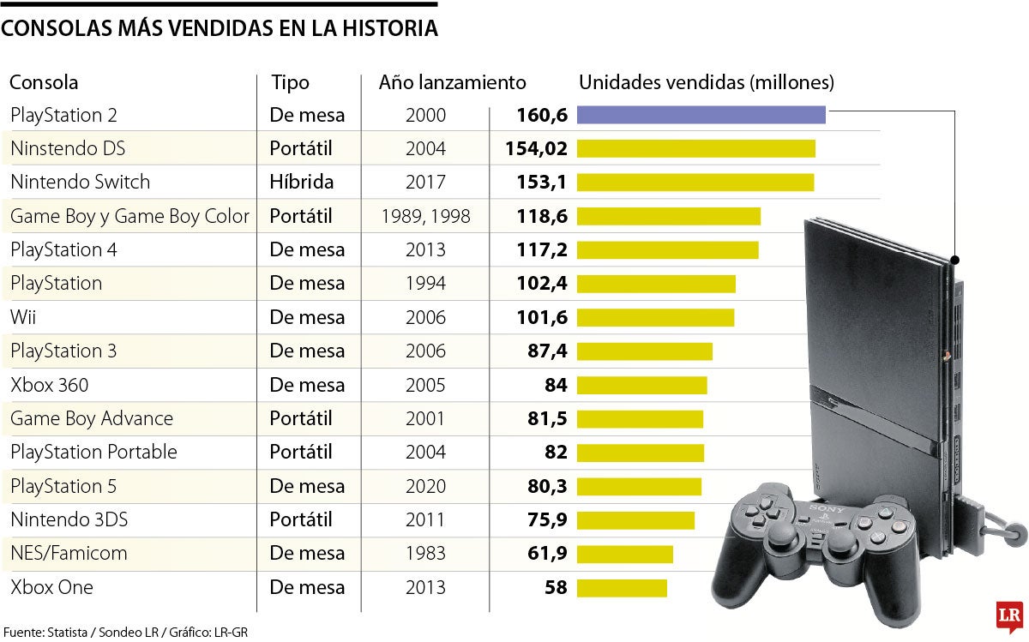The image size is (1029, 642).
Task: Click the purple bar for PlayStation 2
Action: click(x=701, y=115)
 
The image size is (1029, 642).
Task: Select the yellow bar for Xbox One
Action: click(x=622, y=588)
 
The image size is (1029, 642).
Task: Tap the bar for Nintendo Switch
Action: click(x=695, y=183)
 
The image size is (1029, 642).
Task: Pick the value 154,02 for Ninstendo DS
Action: click(x=536, y=148)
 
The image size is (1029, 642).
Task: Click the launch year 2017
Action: click(x=425, y=183)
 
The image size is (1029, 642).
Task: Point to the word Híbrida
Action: click(x=302, y=183)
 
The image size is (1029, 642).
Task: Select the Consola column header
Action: click(x=44, y=83)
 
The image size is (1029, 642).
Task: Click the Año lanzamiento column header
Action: click(x=452, y=83)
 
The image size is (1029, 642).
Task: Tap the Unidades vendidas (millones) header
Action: click(x=707, y=83)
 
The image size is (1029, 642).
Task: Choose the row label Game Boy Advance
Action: click(x=92, y=419)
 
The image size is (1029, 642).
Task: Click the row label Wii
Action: click(x=23, y=318)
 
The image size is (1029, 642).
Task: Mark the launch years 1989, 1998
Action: click(x=425, y=217)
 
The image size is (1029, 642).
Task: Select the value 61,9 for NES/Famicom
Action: click(x=548, y=554)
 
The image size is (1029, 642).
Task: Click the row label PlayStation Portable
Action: click(x=93, y=453)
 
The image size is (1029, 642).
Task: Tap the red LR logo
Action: click(x=1008, y=615)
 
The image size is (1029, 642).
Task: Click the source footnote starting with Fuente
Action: click(x=124, y=632)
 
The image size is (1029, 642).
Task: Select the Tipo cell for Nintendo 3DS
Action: click(x=301, y=520)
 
